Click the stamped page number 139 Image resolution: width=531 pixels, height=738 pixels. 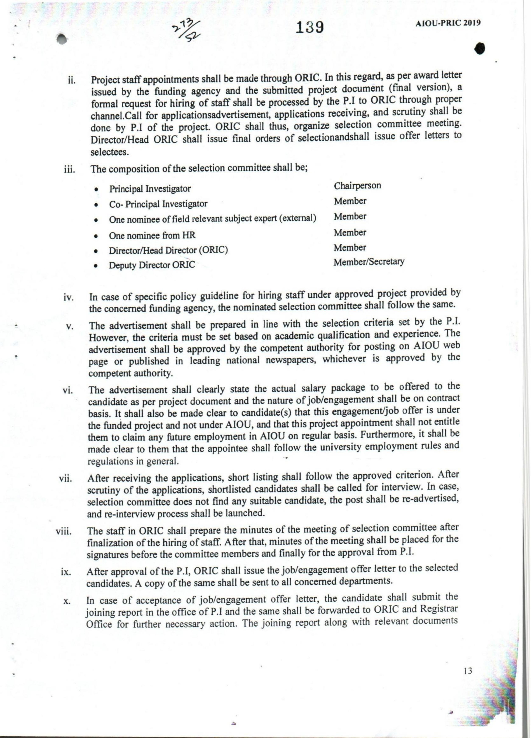click(310, 27)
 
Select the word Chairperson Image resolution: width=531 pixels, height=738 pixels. click(357, 186)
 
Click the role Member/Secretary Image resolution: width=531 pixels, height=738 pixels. click(369, 262)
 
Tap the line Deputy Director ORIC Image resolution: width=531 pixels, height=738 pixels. click(152, 265)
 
